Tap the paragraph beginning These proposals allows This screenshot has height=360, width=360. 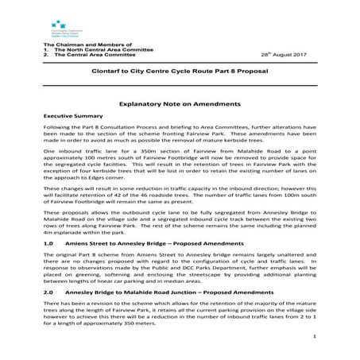tap(180, 225)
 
